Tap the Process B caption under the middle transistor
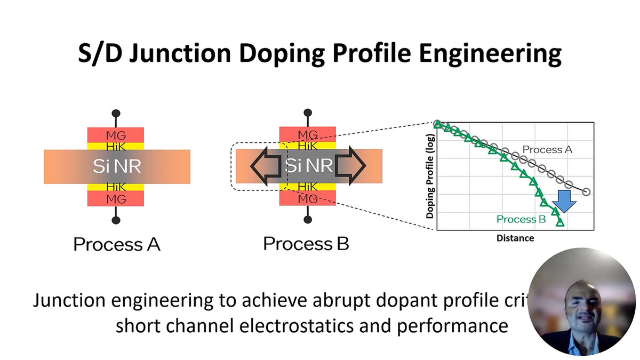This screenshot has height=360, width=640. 306,244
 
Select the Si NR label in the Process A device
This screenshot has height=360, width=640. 116,166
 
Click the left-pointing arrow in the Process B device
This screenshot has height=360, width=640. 265,166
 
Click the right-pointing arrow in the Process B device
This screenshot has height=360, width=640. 350,166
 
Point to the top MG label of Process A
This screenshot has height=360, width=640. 116,134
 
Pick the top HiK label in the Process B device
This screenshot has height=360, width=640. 308,145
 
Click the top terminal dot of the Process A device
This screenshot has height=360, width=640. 116,114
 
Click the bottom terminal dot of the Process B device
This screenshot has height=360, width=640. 308,219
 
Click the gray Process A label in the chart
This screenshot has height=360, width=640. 547,150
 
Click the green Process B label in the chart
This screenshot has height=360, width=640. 522,219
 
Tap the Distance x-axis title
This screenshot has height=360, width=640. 515,238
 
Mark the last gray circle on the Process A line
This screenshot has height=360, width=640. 587,192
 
